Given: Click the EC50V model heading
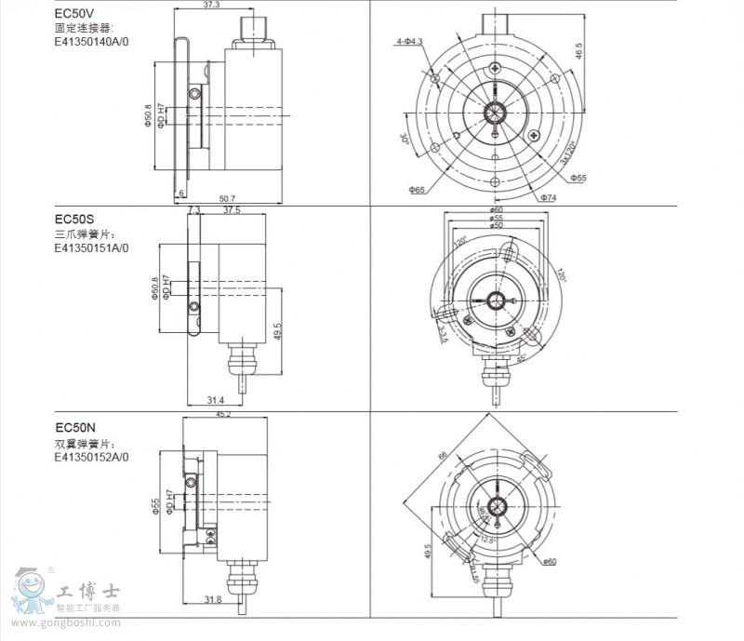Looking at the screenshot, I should tap(73, 14).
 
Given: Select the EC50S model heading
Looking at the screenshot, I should tap(73, 219).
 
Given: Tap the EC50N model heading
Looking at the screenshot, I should tap(75, 428).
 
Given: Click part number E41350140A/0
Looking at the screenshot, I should tap(91, 43).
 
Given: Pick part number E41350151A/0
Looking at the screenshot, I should tap(91, 248).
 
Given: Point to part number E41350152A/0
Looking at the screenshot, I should tap(91, 457).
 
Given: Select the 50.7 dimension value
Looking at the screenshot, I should tap(227, 198).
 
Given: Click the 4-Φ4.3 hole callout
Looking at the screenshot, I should tap(408, 42).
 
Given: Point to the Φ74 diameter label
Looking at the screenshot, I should tap(547, 197).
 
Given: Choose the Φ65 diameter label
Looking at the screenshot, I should tap(416, 190).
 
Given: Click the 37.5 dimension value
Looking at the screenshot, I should tap(232, 211).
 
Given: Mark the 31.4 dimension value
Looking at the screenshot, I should tap(215, 400).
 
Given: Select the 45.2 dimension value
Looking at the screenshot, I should tap(224, 415).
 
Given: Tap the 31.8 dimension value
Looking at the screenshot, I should tap(212, 600).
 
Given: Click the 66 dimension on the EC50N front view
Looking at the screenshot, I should tap(444, 455).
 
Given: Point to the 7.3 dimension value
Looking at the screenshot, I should tap(193, 211).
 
